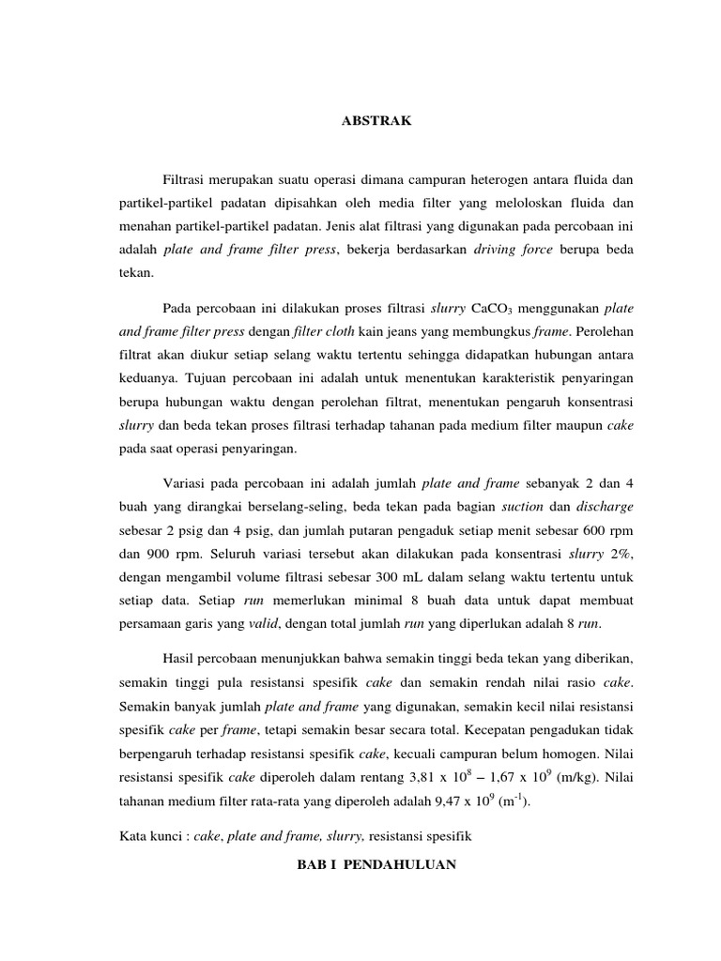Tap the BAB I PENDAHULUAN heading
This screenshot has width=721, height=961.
(x=376, y=864)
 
